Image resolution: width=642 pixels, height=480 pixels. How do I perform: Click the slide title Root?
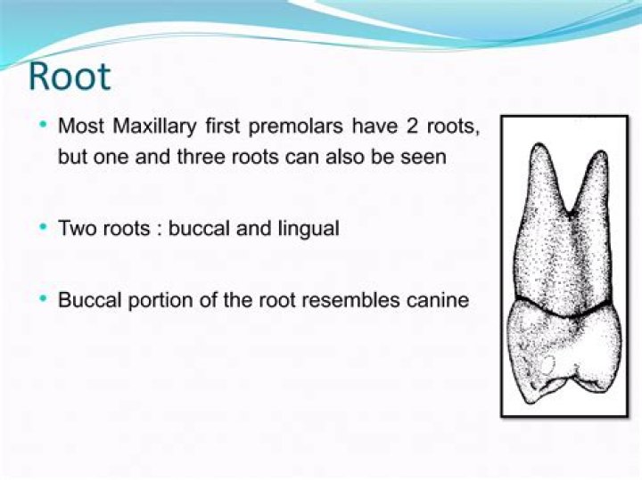69,77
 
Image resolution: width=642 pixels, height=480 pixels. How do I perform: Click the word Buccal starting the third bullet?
87,299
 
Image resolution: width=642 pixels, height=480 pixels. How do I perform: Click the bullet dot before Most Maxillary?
44,125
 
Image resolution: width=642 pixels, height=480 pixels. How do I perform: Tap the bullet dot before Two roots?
44,228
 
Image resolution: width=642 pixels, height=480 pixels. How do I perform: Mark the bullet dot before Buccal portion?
44,299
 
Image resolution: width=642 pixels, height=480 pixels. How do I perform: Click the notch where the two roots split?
568,214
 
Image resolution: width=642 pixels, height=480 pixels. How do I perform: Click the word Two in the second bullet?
74,228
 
